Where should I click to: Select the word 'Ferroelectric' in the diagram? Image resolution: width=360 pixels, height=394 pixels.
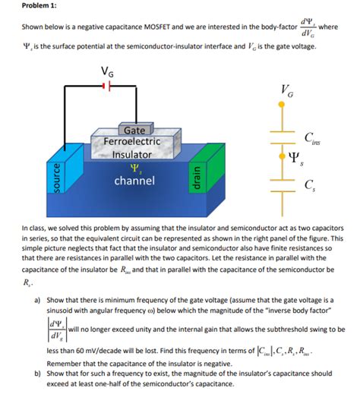126,142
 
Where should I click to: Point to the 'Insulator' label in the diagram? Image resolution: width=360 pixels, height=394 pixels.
132,155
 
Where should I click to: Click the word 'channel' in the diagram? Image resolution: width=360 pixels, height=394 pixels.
134,181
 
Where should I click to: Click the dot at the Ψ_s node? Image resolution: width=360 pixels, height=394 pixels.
283,158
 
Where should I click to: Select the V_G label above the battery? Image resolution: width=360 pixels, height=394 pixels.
108,72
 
